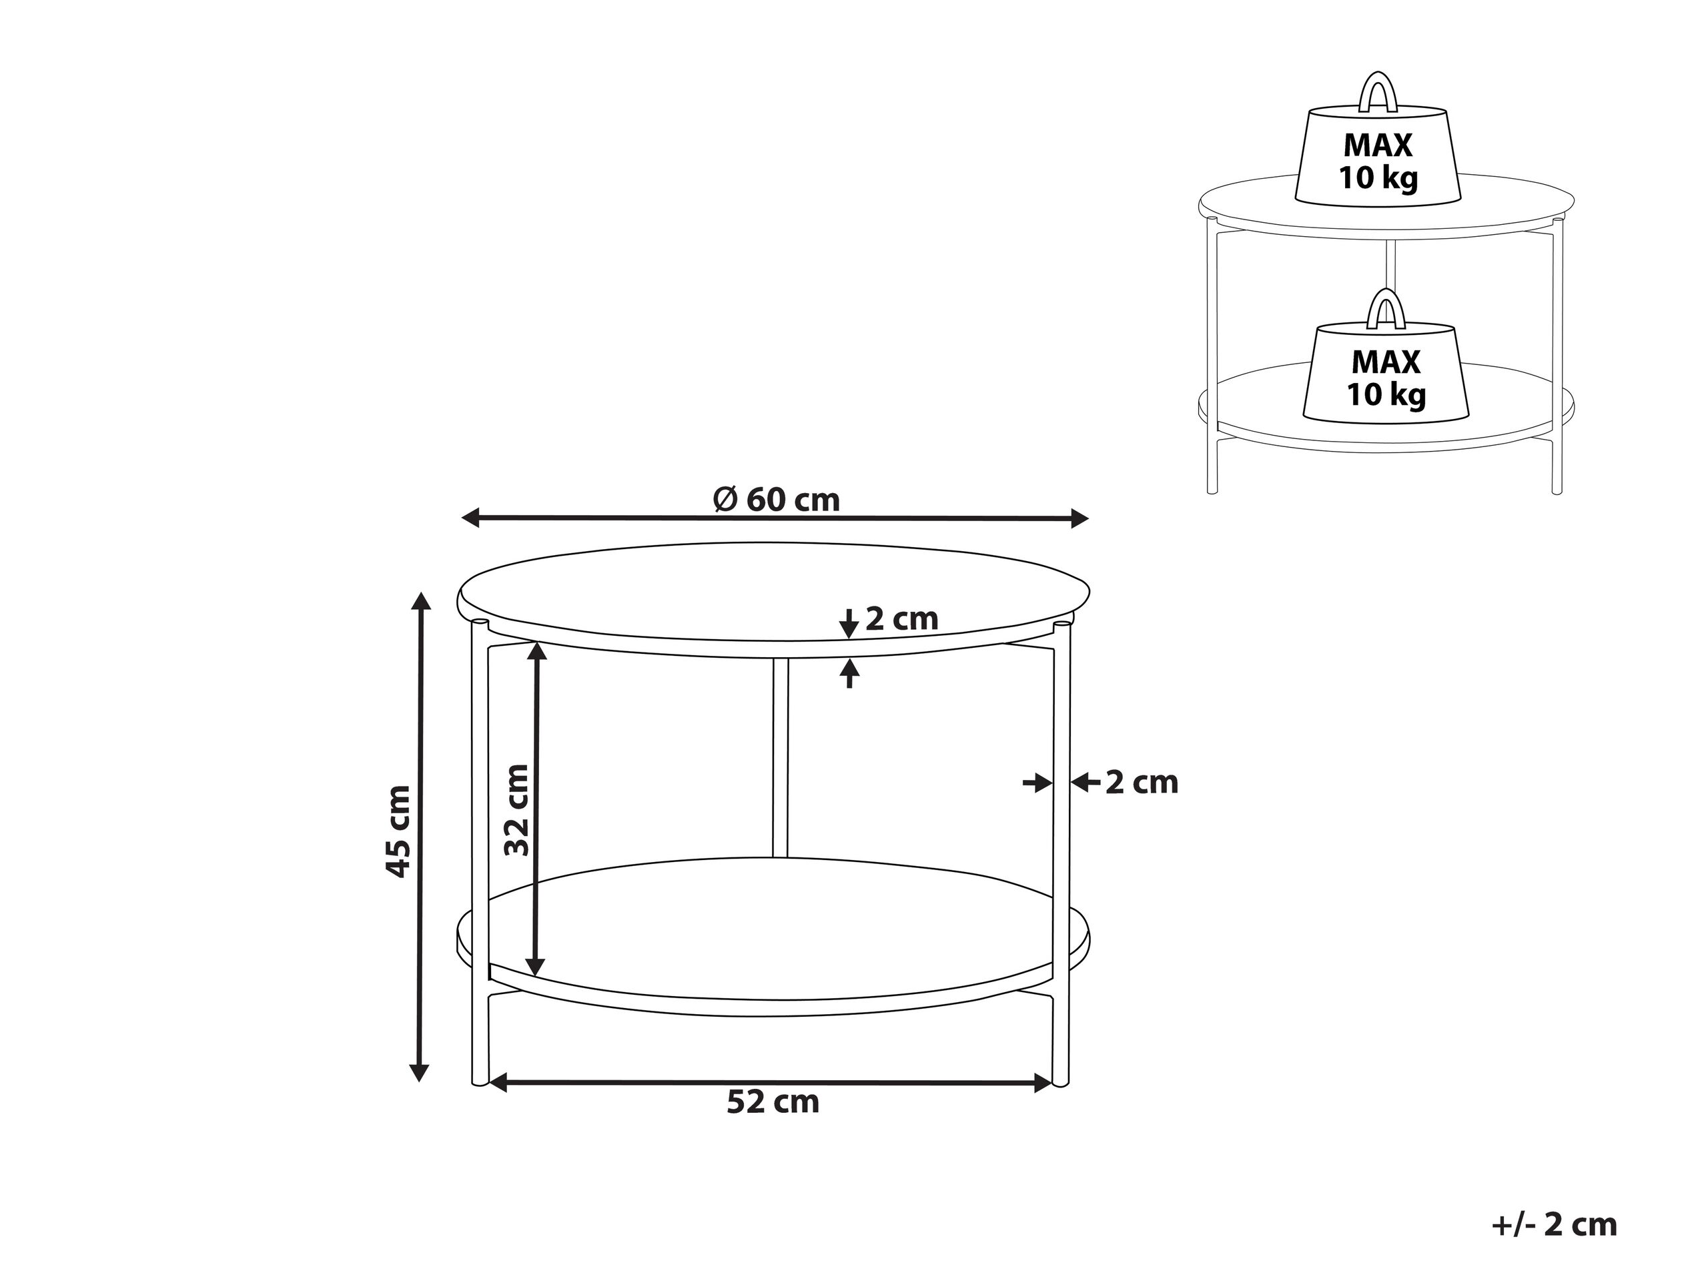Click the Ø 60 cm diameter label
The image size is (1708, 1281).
(776, 500)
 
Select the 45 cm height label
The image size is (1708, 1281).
(398, 831)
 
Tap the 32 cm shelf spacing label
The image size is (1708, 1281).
(516, 810)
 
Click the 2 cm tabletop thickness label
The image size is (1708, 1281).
(901, 618)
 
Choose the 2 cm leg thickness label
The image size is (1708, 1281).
(1142, 783)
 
